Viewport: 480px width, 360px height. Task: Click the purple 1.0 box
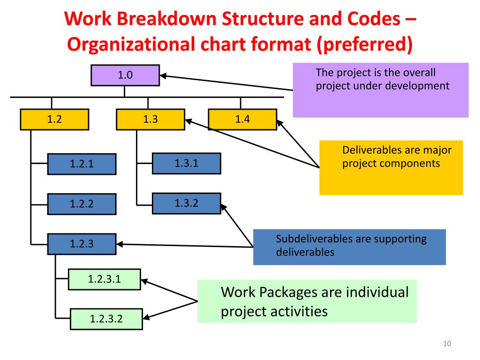tap(125, 75)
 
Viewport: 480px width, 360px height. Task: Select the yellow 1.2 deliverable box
tap(55, 120)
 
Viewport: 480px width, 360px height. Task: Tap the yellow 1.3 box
tap(150, 120)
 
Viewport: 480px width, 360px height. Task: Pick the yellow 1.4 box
tap(242, 120)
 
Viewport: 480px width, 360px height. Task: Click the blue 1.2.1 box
tap(82, 164)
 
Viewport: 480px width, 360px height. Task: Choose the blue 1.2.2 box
tap(82, 204)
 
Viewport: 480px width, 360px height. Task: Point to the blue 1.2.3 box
tap(82, 244)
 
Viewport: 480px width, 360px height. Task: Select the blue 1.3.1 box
tap(187, 163)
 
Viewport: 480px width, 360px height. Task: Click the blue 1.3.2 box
tap(187, 203)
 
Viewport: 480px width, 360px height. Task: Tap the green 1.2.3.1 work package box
tap(105, 280)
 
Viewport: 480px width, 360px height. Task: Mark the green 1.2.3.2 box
tap(106, 319)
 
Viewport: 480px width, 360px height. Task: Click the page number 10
tap(446, 345)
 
